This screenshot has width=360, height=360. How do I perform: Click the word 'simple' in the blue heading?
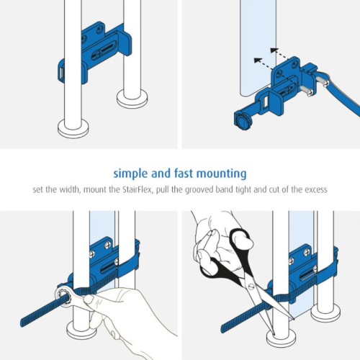click(131, 174)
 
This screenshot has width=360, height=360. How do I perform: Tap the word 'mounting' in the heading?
click(222, 174)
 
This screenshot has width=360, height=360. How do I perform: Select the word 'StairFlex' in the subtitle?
click(138, 189)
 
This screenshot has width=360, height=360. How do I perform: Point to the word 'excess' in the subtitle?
click(316, 189)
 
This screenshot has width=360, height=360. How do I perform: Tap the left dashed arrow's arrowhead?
click(258, 60)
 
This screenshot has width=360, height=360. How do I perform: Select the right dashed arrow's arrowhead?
click(274, 50)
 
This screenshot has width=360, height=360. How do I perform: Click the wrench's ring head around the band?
click(63, 295)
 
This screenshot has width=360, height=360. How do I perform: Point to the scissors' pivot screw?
click(251, 287)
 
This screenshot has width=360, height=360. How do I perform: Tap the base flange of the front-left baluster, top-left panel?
click(73, 129)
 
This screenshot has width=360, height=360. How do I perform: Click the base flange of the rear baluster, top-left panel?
click(132, 99)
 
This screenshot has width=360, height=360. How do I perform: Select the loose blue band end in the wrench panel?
click(38, 312)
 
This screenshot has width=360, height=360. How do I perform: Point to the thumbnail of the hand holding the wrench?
click(88, 300)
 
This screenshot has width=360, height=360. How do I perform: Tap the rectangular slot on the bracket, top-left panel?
click(61, 73)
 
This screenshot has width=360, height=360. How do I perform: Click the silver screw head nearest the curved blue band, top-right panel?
click(326, 84)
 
